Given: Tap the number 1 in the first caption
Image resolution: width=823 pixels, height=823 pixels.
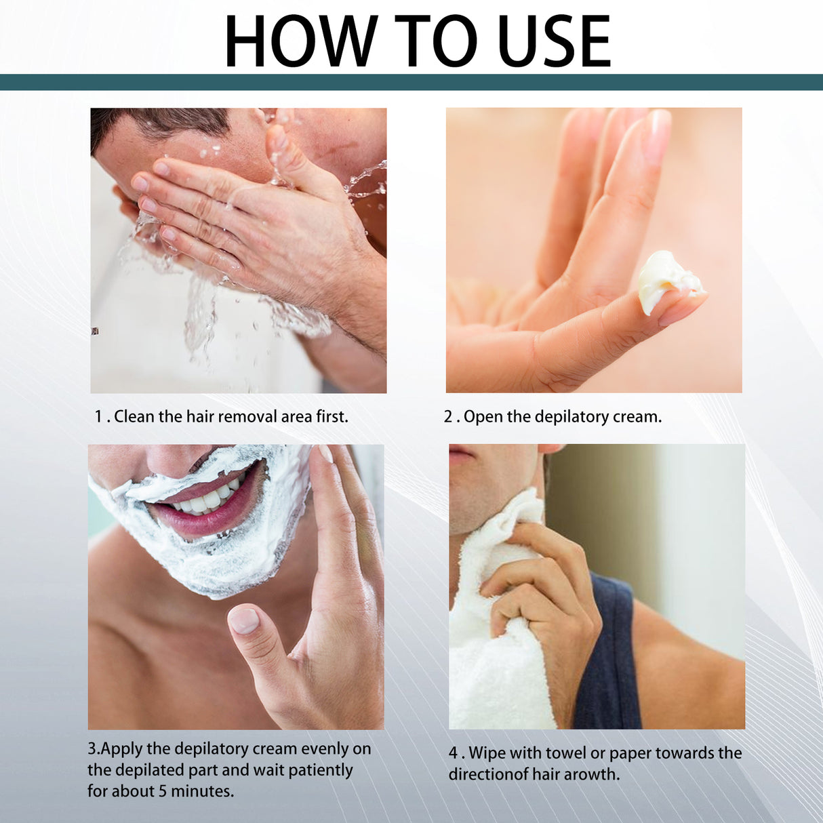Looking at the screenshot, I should click(98, 416).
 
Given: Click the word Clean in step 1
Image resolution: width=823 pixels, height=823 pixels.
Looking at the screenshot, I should click(134, 416).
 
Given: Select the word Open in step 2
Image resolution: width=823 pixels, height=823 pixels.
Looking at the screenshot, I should click(483, 416).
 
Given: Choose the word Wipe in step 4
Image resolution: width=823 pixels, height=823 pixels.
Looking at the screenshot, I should click(487, 753).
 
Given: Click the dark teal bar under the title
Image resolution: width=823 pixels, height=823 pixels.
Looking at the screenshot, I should click(411, 82).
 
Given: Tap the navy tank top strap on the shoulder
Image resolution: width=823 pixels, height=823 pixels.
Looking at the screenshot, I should click(610, 651).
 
